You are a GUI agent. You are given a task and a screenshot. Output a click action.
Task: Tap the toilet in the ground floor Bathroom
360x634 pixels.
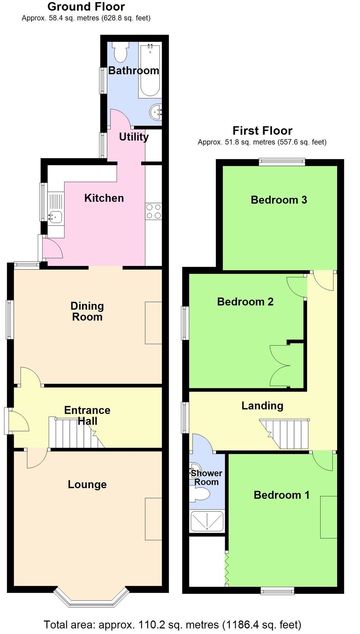point(120,52)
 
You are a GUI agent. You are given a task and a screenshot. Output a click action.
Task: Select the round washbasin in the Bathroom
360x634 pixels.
point(156,112)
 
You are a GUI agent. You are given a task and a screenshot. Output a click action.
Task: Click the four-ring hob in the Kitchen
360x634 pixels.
point(154,211)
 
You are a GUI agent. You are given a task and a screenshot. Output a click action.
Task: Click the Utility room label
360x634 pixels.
point(134,137)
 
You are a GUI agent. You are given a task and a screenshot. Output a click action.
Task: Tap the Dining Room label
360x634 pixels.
point(87,311)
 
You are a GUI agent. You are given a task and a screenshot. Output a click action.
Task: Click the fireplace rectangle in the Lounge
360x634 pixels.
point(154,519)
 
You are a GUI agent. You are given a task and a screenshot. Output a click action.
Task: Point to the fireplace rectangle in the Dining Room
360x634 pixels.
point(154,323)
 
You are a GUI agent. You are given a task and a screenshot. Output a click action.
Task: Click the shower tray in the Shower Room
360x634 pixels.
point(207,521)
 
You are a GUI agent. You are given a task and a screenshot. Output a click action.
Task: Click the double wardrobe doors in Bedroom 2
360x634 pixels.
point(281,366)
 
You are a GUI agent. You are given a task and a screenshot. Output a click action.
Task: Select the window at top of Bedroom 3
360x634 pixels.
point(282,162)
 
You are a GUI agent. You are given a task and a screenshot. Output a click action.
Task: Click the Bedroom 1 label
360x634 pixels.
point(281,495)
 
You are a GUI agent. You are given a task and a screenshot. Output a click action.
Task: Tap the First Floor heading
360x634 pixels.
point(262,131)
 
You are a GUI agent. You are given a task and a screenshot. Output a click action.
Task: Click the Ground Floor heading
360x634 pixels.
point(86,7)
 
